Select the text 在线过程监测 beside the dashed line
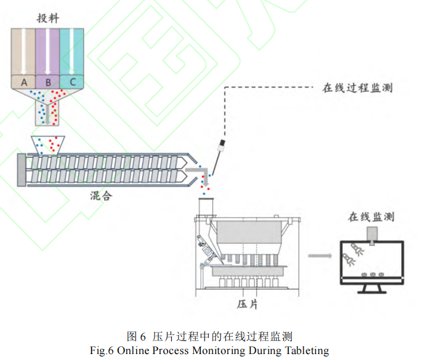pos(357,89)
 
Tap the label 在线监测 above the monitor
pos(371,216)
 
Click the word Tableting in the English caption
pos(303,350)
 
